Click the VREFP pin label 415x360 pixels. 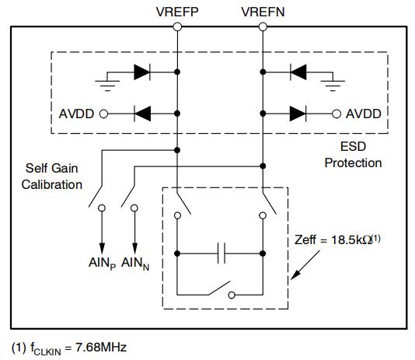pyautogui.click(x=177, y=12)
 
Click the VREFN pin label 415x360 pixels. pyautogui.click(x=263, y=12)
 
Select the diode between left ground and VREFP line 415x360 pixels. pyautogui.click(x=142, y=72)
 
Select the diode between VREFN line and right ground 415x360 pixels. pyautogui.click(x=298, y=72)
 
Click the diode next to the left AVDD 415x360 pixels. pyautogui.click(x=142, y=114)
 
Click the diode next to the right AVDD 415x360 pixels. pyautogui.click(x=298, y=114)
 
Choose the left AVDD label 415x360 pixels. pyautogui.click(x=76, y=114)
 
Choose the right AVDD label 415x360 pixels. pyautogui.click(x=364, y=114)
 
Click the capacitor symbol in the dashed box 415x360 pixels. pyautogui.click(x=221, y=253)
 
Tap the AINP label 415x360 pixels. pyautogui.click(x=102, y=264)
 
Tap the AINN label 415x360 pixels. pyautogui.click(x=135, y=264)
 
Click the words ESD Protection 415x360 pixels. pyautogui.click(x=353, y=155)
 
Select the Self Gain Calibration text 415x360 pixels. pyautogui.click(x=52, y=177)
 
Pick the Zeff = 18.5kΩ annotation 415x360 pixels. pyautogui.click(x=337, y=239)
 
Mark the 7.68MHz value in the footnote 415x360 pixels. pyautogui.click(x=101, y=347)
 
